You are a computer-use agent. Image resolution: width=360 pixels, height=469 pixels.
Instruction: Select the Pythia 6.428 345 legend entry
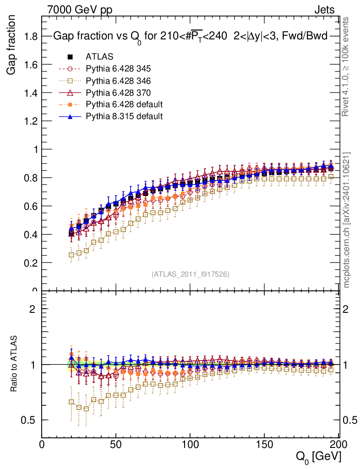coord(118,69)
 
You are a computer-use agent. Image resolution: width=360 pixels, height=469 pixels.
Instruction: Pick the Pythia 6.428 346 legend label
coord(118,81)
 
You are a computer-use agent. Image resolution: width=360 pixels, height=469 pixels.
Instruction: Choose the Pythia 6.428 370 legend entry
coord(118,93)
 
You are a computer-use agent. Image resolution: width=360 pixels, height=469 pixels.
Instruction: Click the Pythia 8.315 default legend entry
coord(124,116)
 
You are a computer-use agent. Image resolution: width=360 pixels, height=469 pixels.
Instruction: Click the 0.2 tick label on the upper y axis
coord(32,263)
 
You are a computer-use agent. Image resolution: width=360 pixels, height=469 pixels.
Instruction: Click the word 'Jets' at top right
coord(324,10)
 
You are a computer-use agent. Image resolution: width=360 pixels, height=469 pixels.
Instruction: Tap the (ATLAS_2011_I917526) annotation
coord(191,274)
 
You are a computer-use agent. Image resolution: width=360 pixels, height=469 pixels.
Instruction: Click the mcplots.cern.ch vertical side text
coord(347,220)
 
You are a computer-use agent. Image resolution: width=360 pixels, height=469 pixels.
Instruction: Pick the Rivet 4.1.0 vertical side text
coord(347,66)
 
